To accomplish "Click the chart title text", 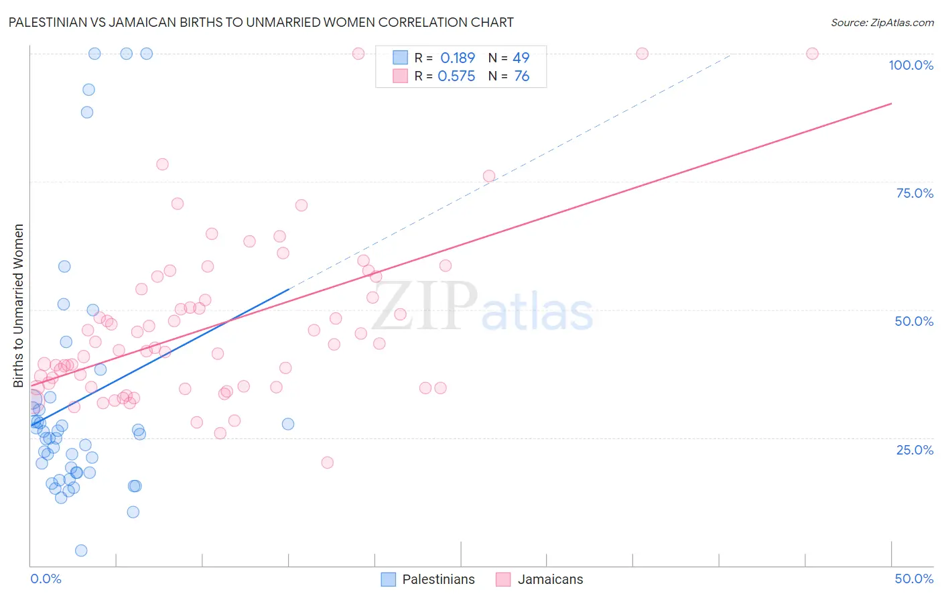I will pyautogui.click(x=261, y=22).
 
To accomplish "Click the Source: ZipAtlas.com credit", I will pyautogui.click(x=882, y=22).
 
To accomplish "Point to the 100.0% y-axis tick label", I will pyautogui.click(x=911, y=65).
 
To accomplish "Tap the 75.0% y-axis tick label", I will pyautogui.click(x=915, y=193).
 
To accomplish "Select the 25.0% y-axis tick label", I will pyautogui.click(x=915, y=450).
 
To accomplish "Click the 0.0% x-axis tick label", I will pyautogui.click(x=46, y=579).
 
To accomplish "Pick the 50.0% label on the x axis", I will pyautogui.click(x=914, y=579).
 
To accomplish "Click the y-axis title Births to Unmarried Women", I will pyautogui.click(x=18, y=306).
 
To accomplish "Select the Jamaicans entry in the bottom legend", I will pyautogui.click(x=539, y=579).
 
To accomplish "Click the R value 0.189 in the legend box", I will pyautogui.click(x=457, y=58).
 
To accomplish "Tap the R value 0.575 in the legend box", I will pyautogui.click(x=456, y=76).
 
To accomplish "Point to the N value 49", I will pyautogui.click(x=521, y=58).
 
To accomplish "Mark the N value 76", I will pyautogui.click(x=521, y=76).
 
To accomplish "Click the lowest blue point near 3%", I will pyautogui.click(x=81, y=550).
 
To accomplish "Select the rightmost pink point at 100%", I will pyautogui.click(x=812, y=54).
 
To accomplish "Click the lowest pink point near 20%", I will pyautogui.click(x=327, y=463).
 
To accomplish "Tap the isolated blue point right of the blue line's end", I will pyautogui.click(x=288, y=424).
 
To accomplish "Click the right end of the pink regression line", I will pyautogui.click(x=891, y=103).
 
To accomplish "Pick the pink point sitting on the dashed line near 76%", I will pyautogui.click(x=489, y=176).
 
